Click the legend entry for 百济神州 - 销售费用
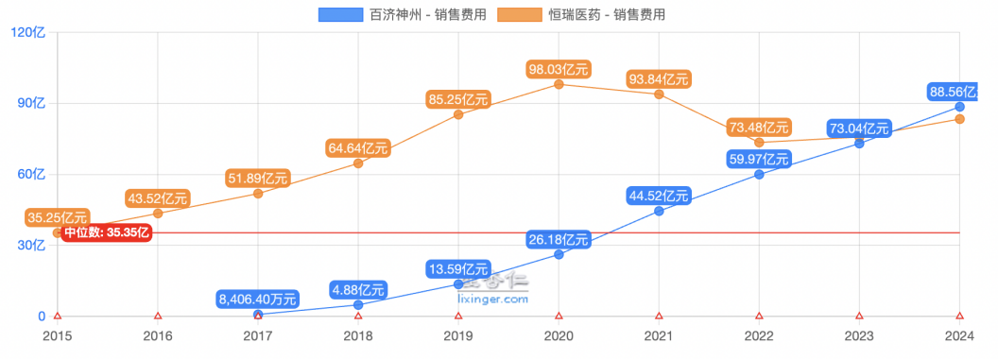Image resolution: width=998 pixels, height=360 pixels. tap(403, 14)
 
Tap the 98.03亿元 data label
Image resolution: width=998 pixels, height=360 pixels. tap(559, 68)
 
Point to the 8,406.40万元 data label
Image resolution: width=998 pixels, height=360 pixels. tap(258, 299)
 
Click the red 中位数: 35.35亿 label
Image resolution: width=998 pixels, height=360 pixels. tap(108, 233)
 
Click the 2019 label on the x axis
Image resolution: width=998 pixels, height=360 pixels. tap(458, 336)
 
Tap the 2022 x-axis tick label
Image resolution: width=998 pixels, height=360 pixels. tap(759, 336)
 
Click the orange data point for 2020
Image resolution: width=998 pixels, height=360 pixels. tap(559, 84)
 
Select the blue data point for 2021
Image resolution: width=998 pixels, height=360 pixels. tap(659, 211)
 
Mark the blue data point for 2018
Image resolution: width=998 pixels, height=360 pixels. tap(358, 305)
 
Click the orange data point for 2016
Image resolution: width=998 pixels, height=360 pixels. tap(158, 214)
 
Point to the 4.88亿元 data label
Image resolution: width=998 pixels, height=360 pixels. tap(358, 289)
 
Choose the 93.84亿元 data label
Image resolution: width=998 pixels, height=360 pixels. tap(659, 78)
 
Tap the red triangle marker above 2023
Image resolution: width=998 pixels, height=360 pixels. tap(859, 317)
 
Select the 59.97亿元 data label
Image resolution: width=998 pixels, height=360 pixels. tap(759, 158)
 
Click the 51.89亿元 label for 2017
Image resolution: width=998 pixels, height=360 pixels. tap(258, 178)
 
